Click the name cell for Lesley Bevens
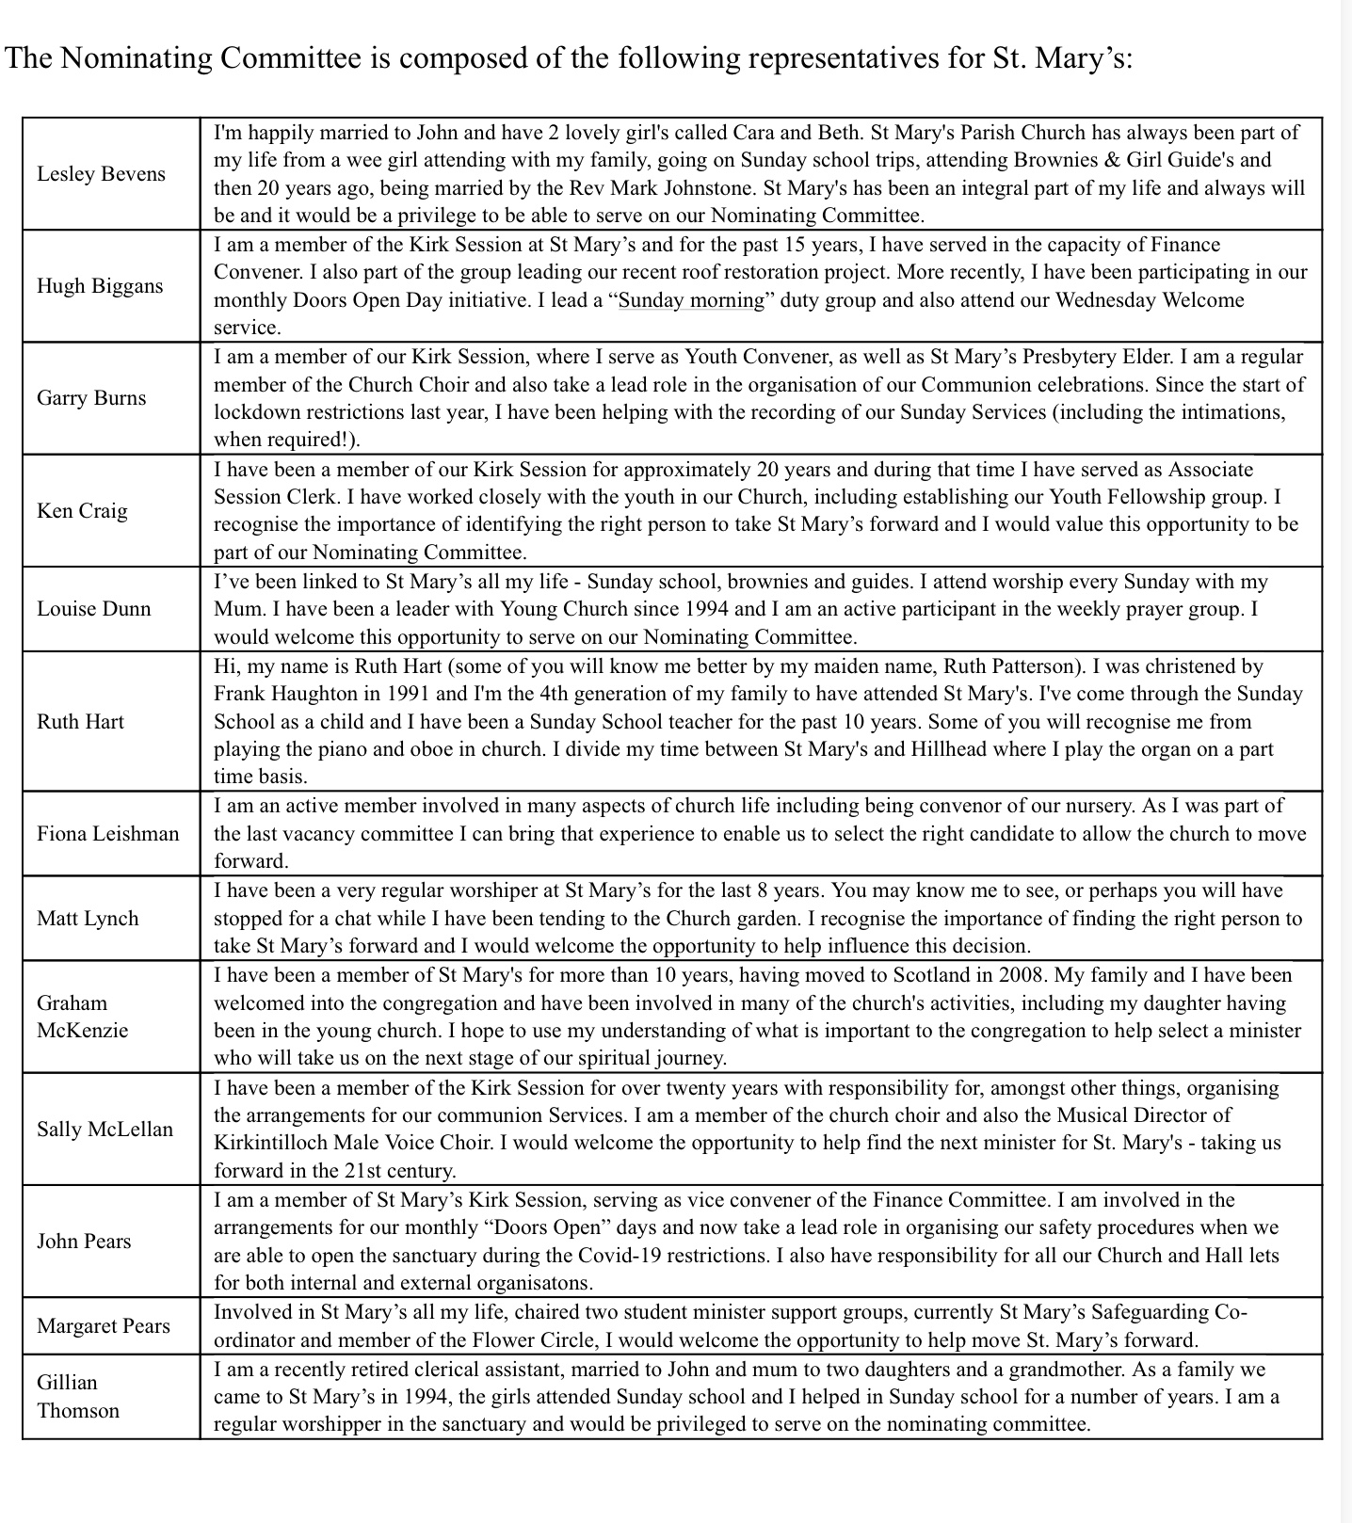[x=101, y=174]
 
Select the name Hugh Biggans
[x=100, y=286]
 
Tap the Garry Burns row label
[x=91, y=398]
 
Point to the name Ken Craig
[x=82, y=511]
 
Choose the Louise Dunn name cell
[x=93, y=609]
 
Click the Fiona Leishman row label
[x=107, y=833]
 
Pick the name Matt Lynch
[x=88, y=919]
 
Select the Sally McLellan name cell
[x=105, y=1130]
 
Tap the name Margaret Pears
[x=104, y=1326]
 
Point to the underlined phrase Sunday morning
[x=692, y=300]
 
